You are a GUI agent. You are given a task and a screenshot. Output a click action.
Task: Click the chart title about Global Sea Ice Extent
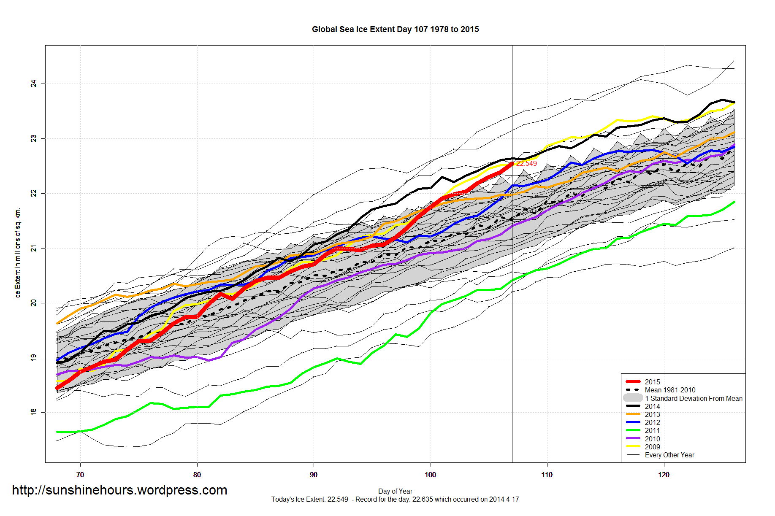point(395,29)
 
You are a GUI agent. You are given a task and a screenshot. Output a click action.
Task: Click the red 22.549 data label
point(526,163)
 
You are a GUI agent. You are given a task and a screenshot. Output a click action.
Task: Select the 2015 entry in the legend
point(652,382)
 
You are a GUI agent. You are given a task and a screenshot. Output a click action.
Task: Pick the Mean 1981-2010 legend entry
point(670,390)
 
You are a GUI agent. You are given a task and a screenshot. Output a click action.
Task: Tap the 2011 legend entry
point(652,430)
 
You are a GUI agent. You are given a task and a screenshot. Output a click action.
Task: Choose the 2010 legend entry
point(652,439)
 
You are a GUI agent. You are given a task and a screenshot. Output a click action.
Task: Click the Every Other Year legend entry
point(669,455)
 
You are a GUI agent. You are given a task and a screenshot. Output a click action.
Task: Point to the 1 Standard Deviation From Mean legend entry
point(693,398)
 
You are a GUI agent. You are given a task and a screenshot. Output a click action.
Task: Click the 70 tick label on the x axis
point(80,475)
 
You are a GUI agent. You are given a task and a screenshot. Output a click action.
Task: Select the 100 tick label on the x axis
point(430,475)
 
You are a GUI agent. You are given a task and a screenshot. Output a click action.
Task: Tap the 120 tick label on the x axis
point(664,475)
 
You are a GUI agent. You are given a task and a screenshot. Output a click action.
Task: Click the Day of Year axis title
point(395,491)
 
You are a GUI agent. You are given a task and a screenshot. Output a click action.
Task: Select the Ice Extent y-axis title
point(18,254)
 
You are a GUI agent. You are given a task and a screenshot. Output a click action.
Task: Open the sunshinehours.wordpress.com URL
point(119,490)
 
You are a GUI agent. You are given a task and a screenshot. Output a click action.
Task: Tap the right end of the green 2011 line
point(734,202)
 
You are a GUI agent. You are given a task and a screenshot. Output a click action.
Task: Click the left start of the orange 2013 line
point(57,323)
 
